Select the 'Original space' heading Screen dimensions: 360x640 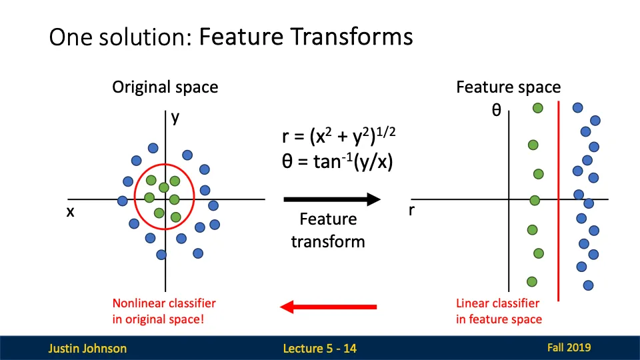point(165,87)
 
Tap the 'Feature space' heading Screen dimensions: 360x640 point(508,87)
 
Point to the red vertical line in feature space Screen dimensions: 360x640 point(558,253)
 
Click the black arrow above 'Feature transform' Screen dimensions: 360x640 point(331,199)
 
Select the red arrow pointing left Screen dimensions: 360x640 point(328,307)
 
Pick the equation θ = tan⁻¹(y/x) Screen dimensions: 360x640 point(337,160)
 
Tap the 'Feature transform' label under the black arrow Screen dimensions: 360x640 point(328,230)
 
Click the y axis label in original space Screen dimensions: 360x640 point(175,117)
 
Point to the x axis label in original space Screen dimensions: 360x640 point(69,211)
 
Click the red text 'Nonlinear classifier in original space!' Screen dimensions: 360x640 point(164,311)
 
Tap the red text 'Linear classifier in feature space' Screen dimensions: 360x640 point(499,311)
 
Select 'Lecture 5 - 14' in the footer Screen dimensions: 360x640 point(319,348)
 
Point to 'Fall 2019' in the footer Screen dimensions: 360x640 point(569,347)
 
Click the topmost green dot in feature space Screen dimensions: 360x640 point(537,107)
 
